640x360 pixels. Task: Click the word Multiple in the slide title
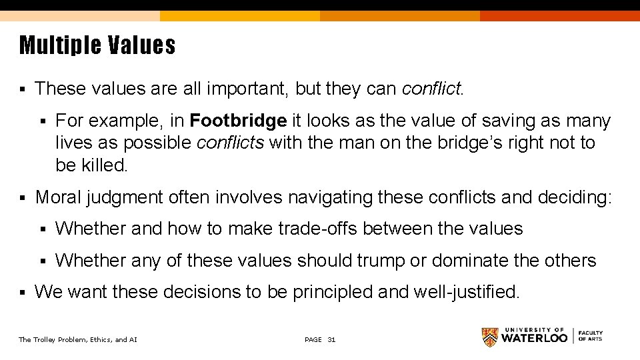point(59,46)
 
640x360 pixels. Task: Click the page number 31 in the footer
point(331,340)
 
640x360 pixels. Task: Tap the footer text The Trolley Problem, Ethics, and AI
point(78,340)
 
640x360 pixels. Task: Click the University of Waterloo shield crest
point(489,337)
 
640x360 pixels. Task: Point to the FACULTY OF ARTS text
point(590,336)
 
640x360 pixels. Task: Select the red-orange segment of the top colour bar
point(560,15)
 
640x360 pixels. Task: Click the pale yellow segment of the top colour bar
point(80,15)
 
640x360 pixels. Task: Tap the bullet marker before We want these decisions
point(22,292)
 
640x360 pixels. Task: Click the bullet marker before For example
point(43,121)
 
